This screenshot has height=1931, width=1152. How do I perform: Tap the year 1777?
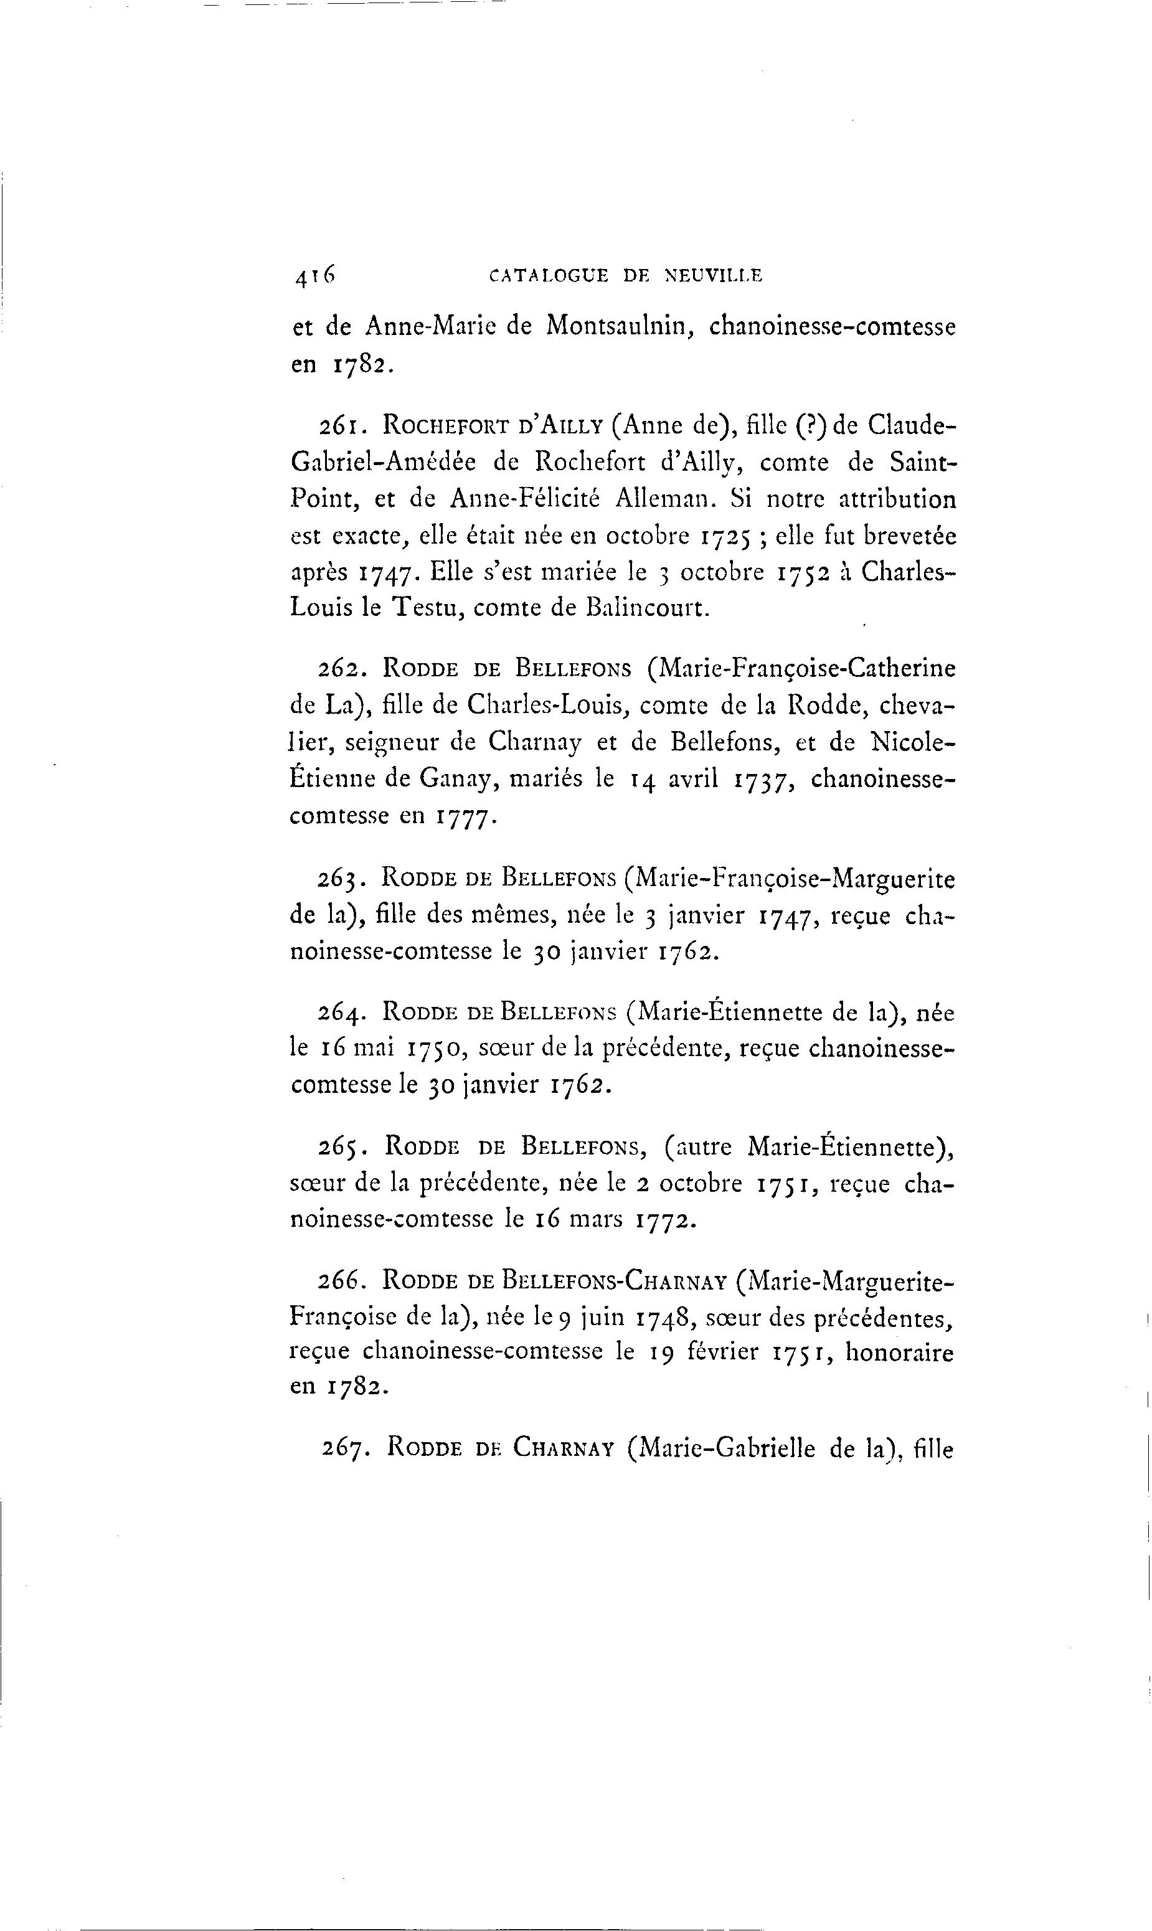pyautogui.click(x=465, y=816)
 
